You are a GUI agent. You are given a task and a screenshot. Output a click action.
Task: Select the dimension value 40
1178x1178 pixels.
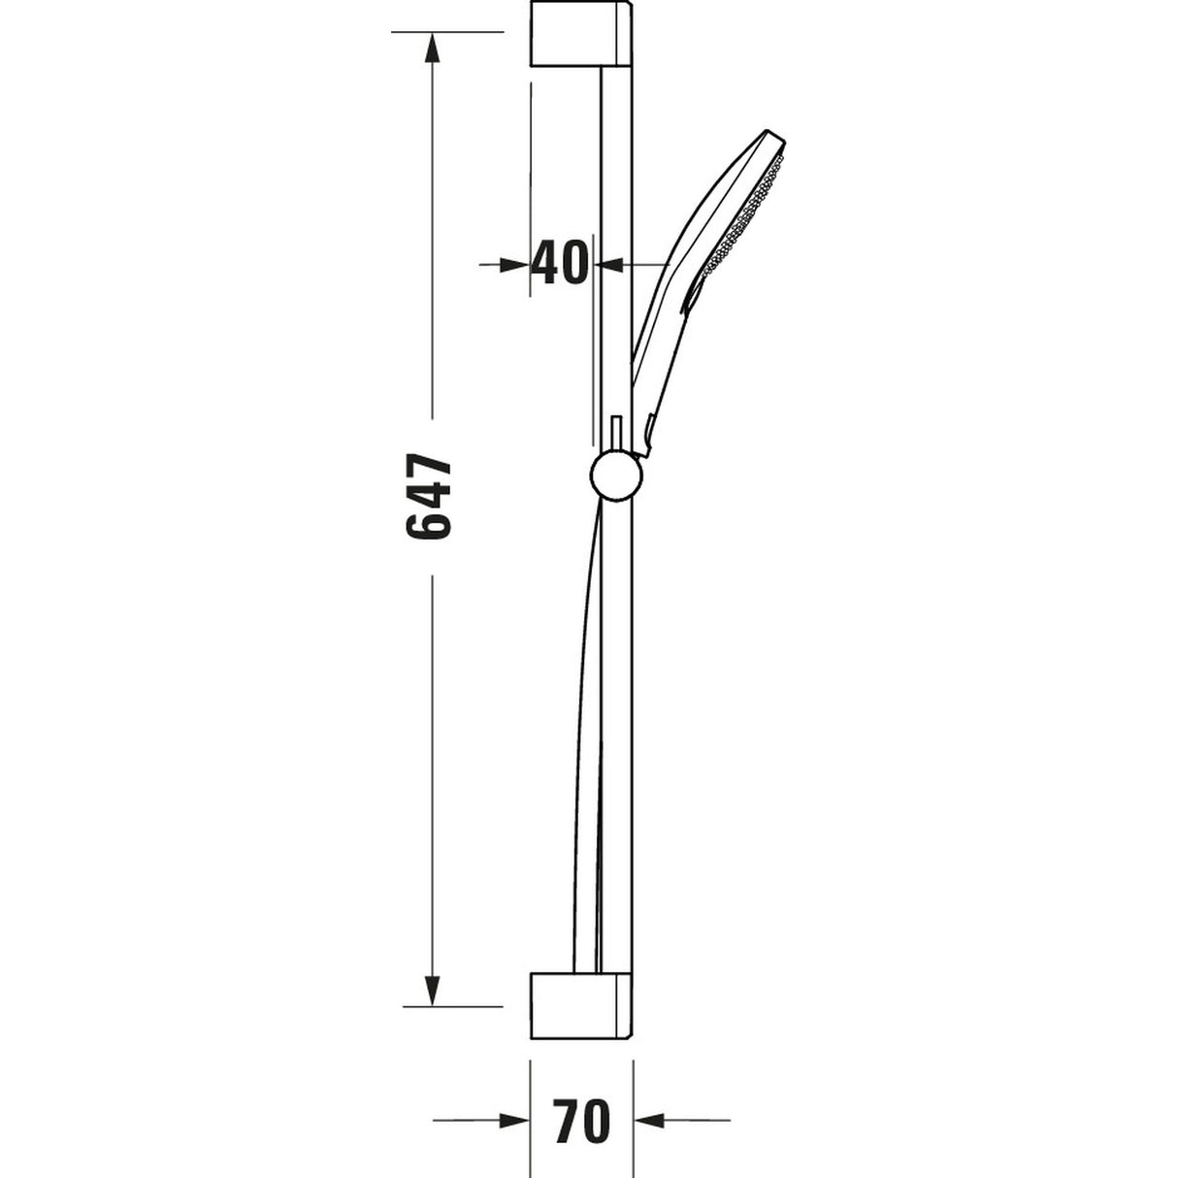[x=560, y=262]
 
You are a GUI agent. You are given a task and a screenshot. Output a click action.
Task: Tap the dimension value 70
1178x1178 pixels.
[x=581, y=1121]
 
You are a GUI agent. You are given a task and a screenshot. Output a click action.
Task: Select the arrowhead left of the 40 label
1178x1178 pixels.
[x=514, y=263]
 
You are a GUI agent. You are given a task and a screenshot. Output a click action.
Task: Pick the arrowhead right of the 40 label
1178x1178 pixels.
[x=609, y=263]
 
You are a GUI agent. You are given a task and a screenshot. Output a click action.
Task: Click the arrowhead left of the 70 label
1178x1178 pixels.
[x=513, y=1121]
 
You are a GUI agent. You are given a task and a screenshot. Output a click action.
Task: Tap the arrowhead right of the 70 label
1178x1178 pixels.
[x=649, y=1121]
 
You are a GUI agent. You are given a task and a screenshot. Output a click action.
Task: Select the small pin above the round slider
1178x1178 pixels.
[x=615, y=435]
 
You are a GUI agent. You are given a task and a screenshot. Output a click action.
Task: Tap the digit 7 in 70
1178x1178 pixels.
[x=565, y=1121]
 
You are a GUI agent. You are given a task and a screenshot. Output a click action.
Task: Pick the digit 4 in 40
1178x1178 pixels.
[x=545, y=262]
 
